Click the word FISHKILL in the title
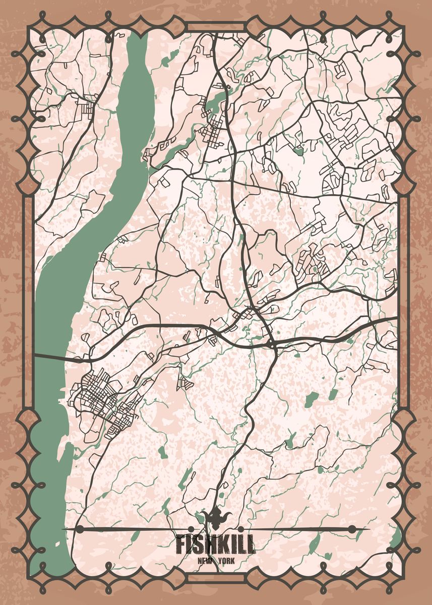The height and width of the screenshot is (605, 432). pos(216,545)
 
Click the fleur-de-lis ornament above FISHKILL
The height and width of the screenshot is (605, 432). pos(216,517)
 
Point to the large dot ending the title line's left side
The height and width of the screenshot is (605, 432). pos(79,529)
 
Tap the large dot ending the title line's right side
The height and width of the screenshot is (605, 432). pos(352,529)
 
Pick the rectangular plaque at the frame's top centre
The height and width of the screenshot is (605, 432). pos(216,27)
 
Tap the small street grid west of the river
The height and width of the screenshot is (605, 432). pos(86,107)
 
